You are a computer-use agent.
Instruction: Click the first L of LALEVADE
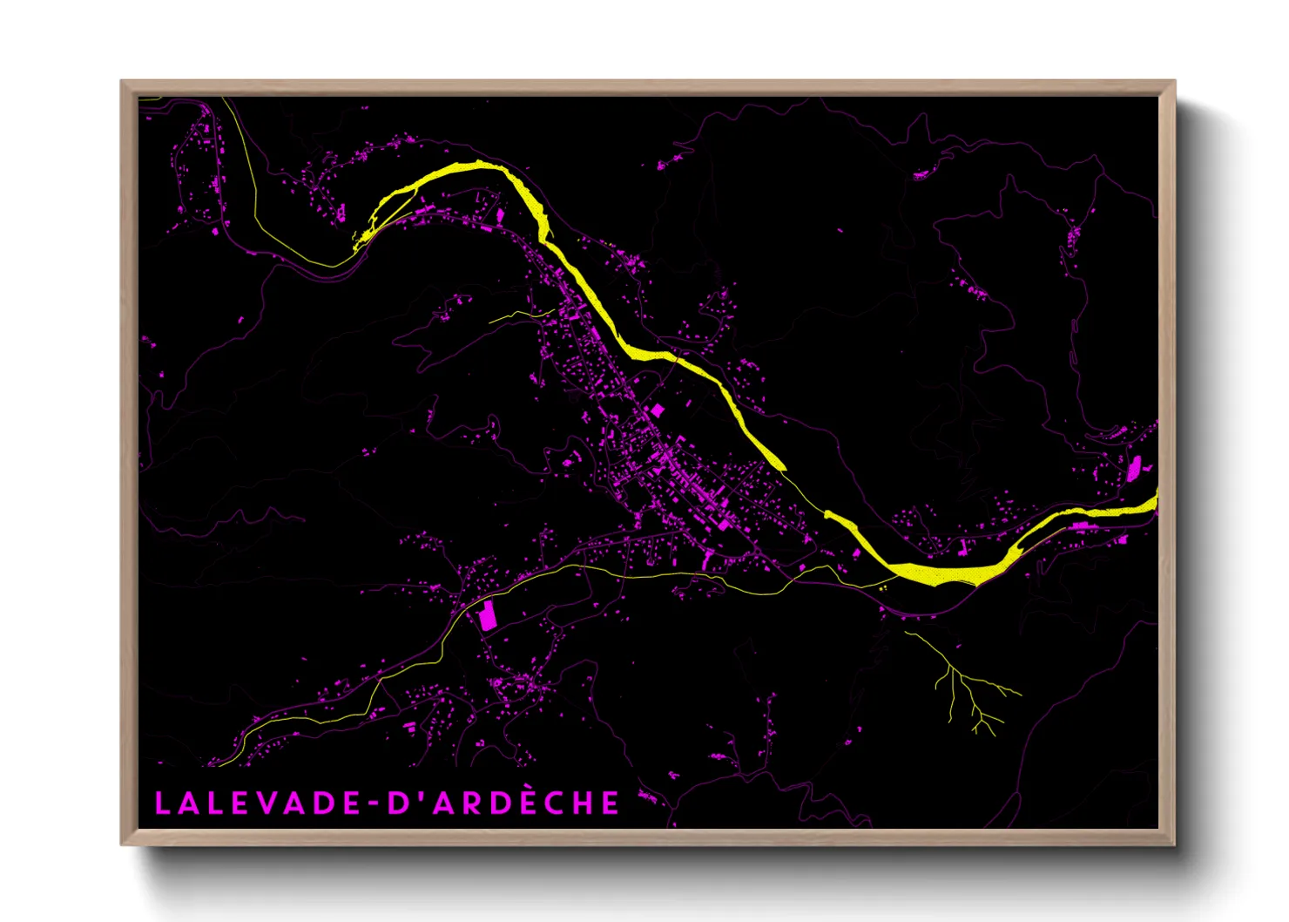pos(162,803)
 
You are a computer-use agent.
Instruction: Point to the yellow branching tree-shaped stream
pos(962,684)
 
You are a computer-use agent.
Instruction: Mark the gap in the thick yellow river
pos(805,492)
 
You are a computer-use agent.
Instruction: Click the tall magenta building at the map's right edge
pos(1134,468)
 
